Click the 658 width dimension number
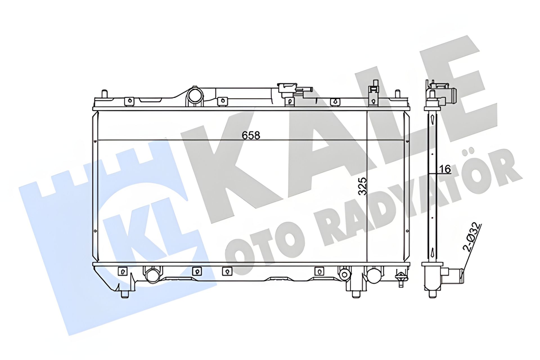pyautogui.click(x=251, y=136)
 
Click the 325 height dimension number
pyautogui.click(x=363, y=186)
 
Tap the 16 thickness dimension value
pyautogui.click(x=445, y=169)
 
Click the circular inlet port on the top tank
pyautogui.click(x=195, y=96)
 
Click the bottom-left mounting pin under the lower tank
pyautogui.click(x=125, y=294)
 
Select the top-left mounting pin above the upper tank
pyautogui.click(x=104, y=94)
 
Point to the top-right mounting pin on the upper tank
pyautogui.click(x=397, y=94)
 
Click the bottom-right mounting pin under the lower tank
pyautogui.click(x=357, y=294)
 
